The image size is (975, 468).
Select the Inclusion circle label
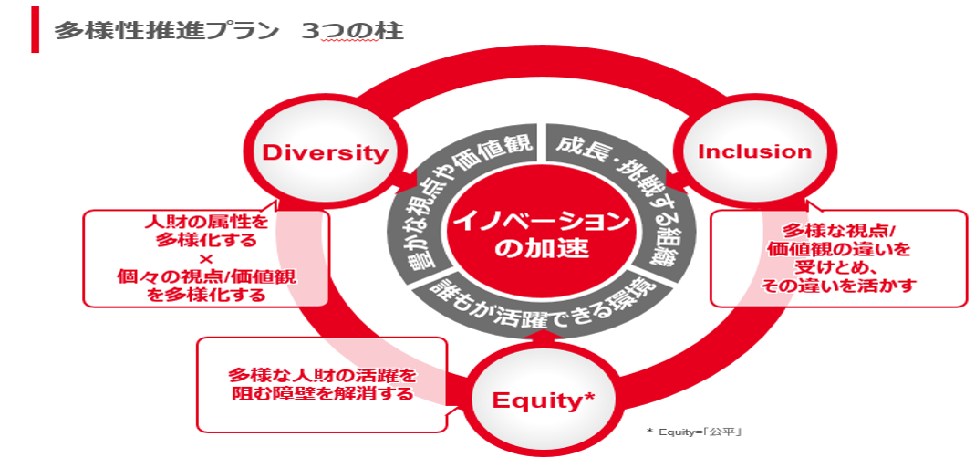754,151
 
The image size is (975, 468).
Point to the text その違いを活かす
838,285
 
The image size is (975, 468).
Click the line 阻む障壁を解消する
321,394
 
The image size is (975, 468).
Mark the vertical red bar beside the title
35,30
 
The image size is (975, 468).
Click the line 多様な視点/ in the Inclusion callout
838,230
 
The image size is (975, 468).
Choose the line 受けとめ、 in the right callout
838,266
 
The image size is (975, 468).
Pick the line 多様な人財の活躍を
321,375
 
